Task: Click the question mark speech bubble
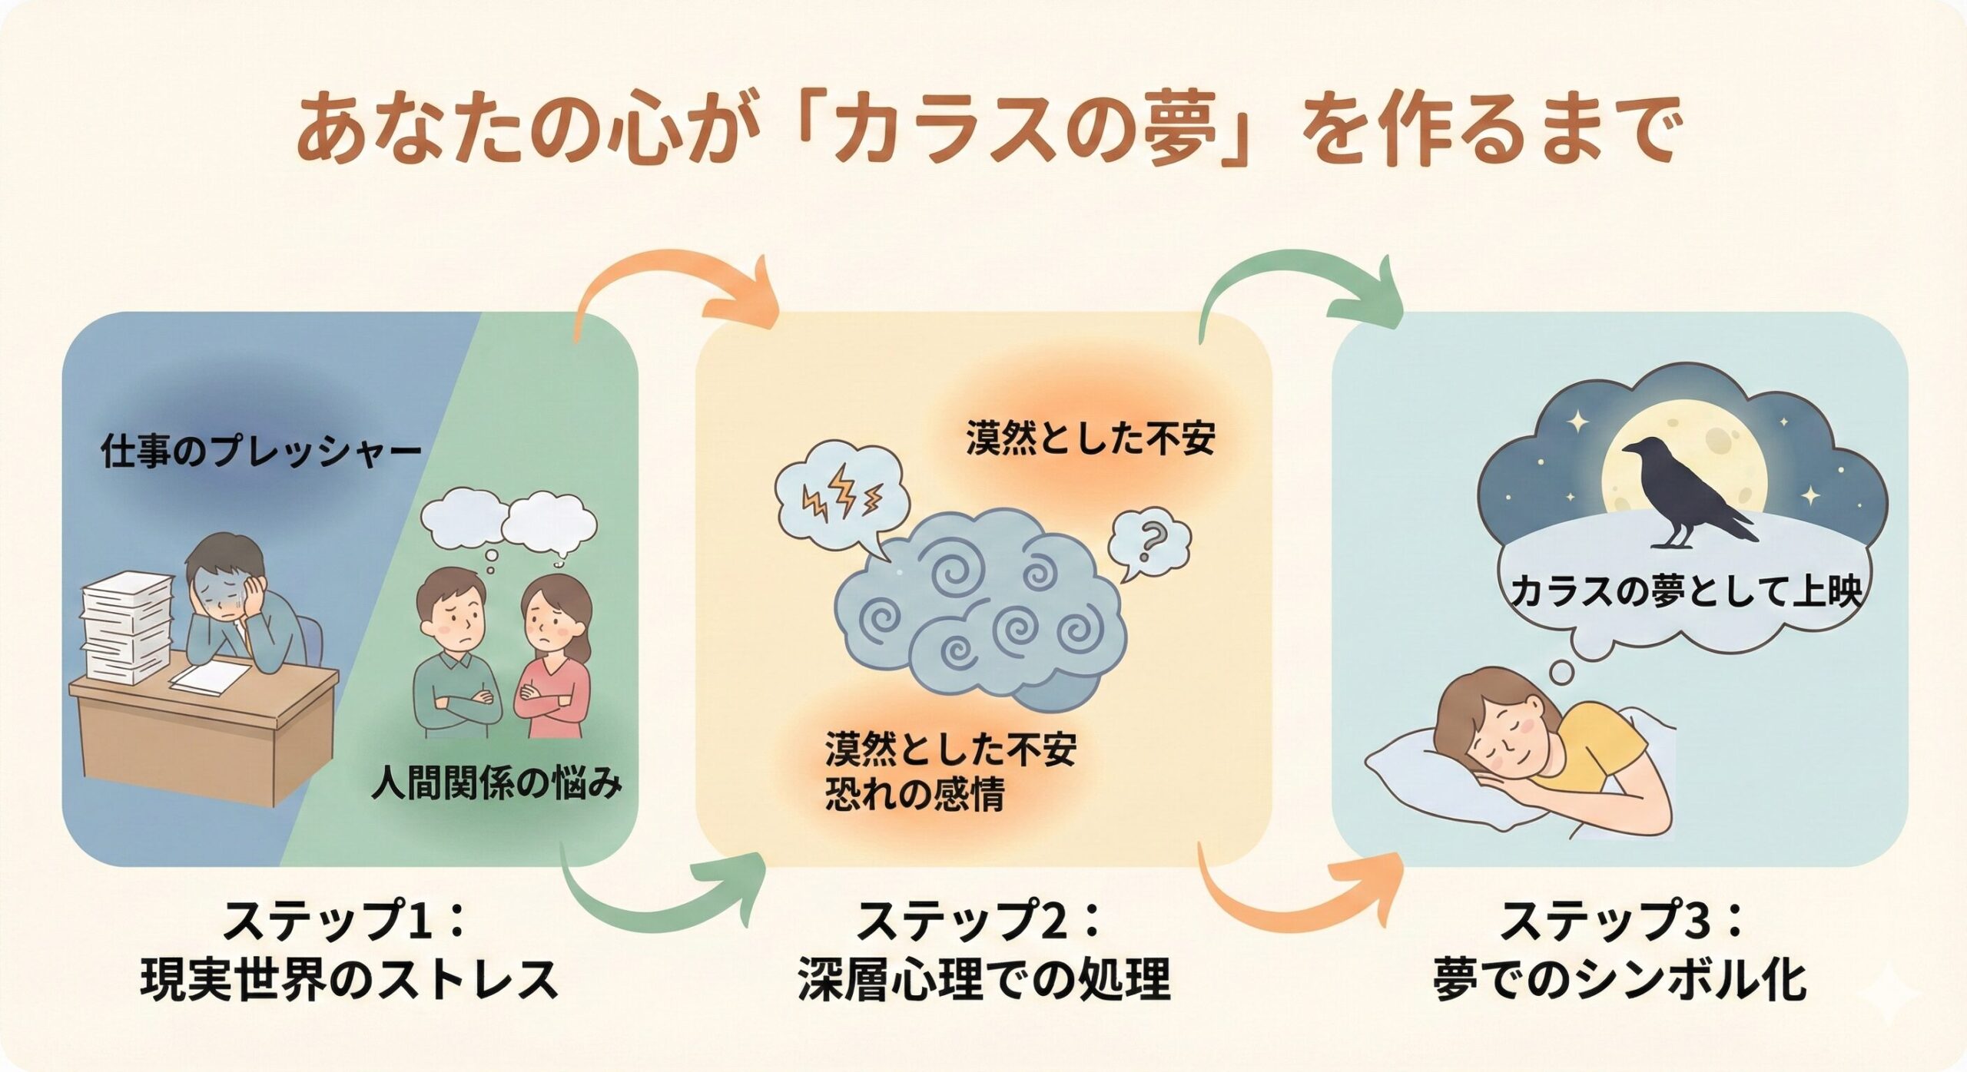pyautogui.click(x=1149, y=541)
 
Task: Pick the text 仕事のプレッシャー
pyautogui.click(x=261, y=452)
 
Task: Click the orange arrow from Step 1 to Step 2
pyautogui.click(x=676, y=296)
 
